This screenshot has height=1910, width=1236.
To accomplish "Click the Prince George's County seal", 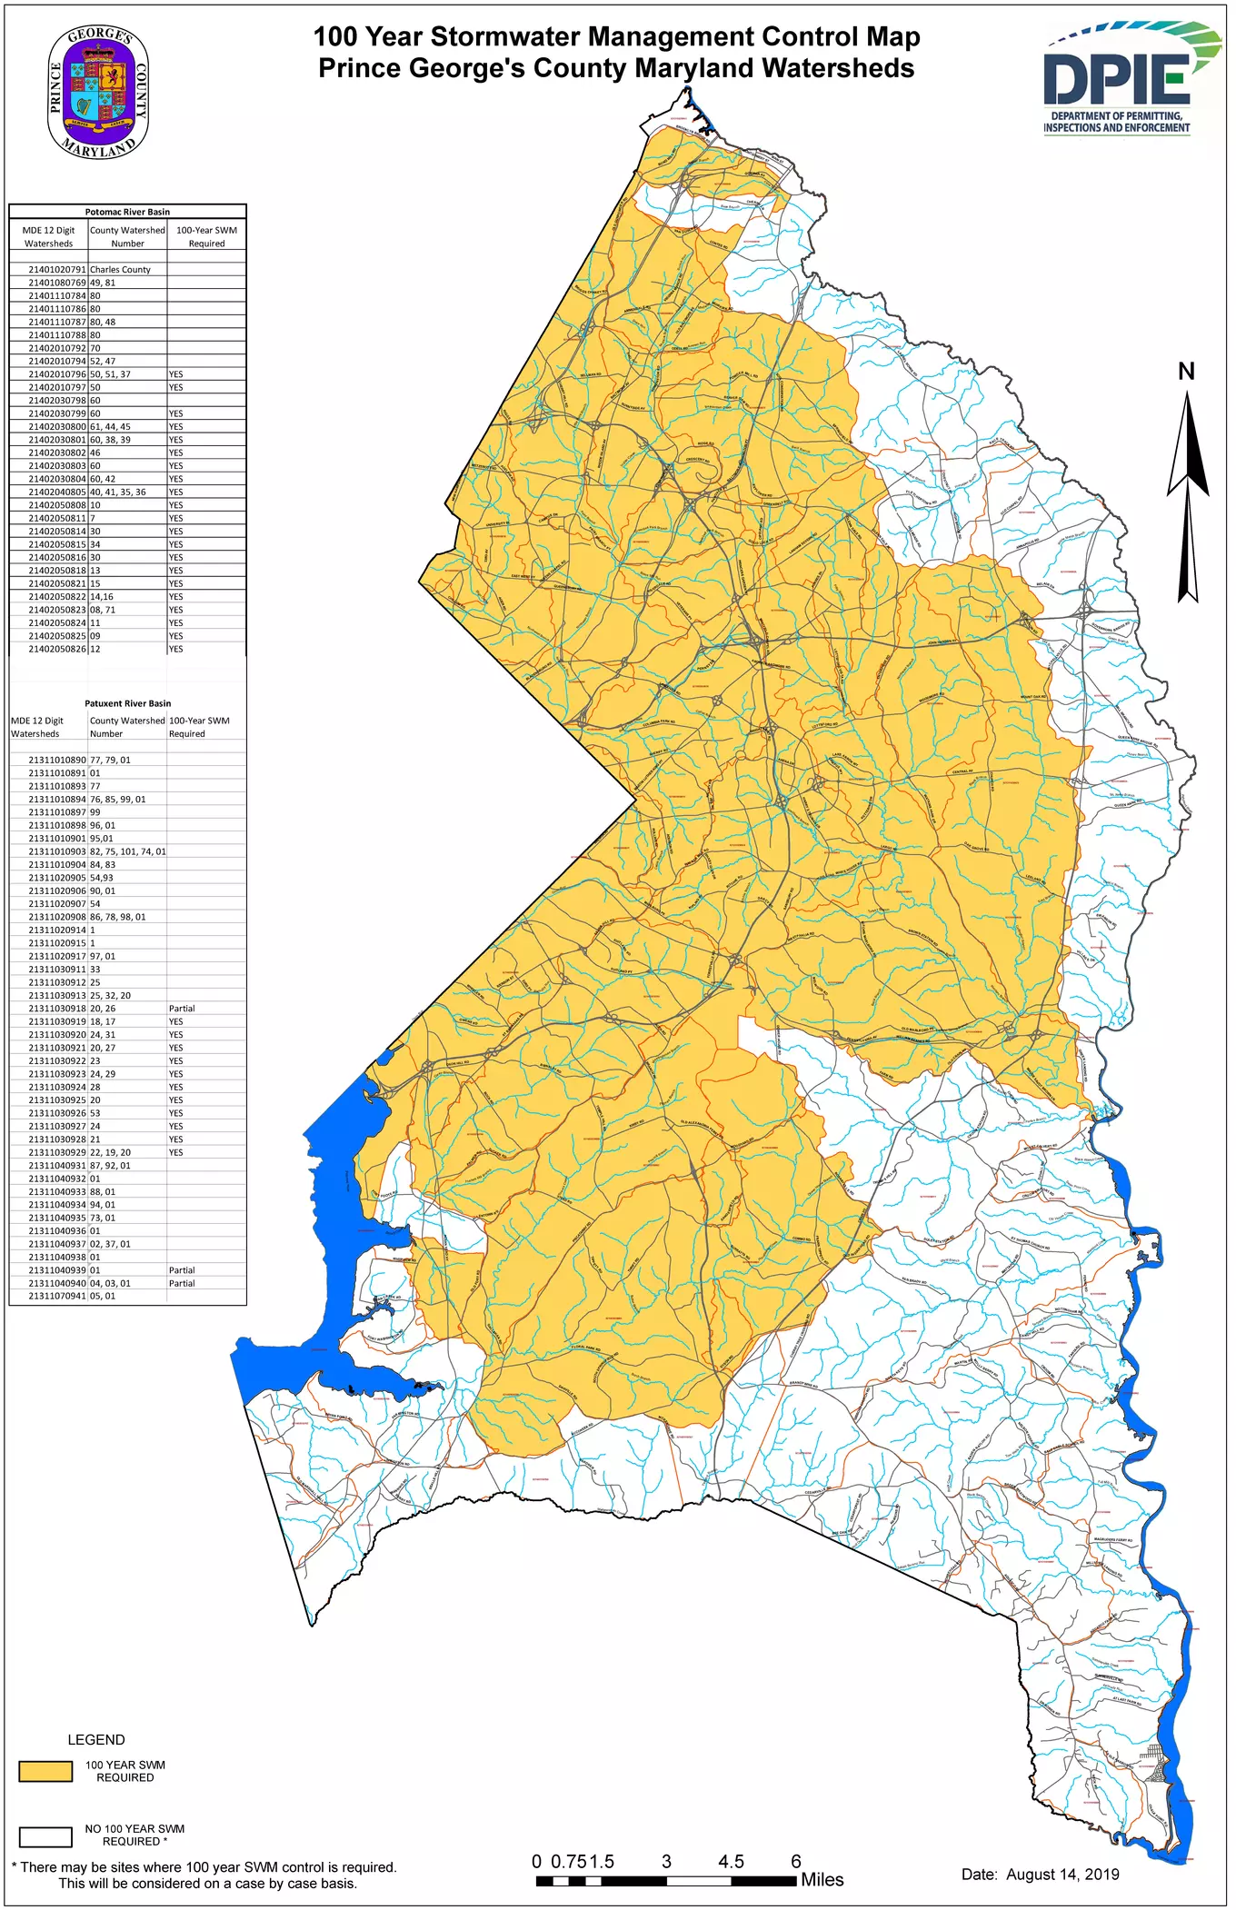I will pos(98,92).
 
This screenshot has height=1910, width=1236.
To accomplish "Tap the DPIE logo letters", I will pos(1116,78).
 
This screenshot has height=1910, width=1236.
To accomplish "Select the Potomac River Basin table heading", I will pos(127,212).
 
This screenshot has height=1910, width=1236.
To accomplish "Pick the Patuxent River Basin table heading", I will pos(127,703).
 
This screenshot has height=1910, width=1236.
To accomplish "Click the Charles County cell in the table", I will pos(120,270).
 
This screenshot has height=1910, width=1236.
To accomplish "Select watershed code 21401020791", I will pos(56,270).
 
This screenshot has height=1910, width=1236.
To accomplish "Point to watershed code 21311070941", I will pos(56,1296).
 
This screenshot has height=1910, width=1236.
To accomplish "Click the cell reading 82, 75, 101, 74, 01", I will pos(127,851).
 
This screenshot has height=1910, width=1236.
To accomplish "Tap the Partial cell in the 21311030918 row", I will pos(182,1009).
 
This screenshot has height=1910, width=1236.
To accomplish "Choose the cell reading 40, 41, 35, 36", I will pos(117,492).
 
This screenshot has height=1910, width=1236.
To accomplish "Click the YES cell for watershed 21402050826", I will pos(175,649).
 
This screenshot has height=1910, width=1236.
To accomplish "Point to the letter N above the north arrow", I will pos(1186,372).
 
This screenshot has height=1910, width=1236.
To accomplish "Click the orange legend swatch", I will pos(45,1771).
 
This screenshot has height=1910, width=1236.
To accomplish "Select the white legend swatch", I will pos(45,1836).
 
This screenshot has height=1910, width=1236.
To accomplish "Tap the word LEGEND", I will pos(96,1740).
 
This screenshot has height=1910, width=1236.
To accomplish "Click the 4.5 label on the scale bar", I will pos(731,1862).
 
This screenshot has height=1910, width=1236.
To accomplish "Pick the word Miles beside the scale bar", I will pos(822,1880).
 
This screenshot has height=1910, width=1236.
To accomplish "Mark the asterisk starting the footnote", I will pos(15,1868).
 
